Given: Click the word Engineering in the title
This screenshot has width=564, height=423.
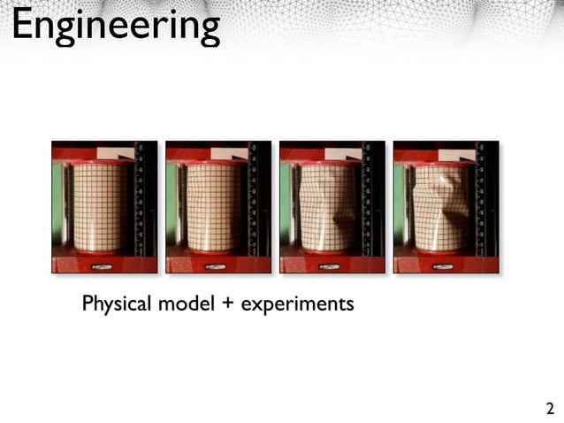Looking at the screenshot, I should coord(115,27).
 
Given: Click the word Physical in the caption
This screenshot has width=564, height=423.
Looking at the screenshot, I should coord(117,304).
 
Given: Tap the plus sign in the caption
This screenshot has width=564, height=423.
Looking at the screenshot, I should coord(228,305).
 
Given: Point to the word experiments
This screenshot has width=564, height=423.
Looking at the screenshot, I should coord(297,305).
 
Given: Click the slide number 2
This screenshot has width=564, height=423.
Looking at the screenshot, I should coord(550,409).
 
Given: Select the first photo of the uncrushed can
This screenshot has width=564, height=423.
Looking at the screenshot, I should coord(104,207).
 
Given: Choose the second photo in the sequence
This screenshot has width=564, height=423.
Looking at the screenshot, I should coord(218,207).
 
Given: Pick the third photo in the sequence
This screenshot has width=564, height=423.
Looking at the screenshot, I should coord(332,207).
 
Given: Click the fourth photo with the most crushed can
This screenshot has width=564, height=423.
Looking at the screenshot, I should coord(446,207).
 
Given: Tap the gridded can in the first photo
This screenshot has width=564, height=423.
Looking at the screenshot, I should coord(97,209).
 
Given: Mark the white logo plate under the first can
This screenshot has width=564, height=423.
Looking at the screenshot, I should coord(100,265).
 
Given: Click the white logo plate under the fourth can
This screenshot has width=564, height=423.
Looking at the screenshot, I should coord(442,265).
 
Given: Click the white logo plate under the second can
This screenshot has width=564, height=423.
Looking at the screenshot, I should coord(214,265).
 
